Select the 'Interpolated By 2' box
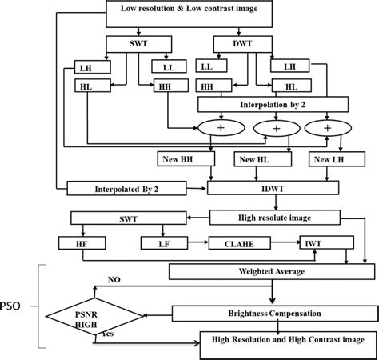[x=128, y=189]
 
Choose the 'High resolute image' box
[x=272, y=215]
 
